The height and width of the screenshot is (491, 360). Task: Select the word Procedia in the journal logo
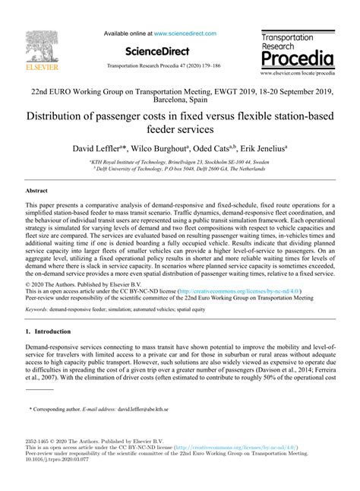point(297,59)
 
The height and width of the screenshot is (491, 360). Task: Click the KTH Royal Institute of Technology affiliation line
point(179,162)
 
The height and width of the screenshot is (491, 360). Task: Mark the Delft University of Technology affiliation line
point(179,169)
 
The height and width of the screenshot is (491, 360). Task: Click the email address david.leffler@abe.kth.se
point(153,409)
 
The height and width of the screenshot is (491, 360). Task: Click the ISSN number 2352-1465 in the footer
point(39,440)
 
